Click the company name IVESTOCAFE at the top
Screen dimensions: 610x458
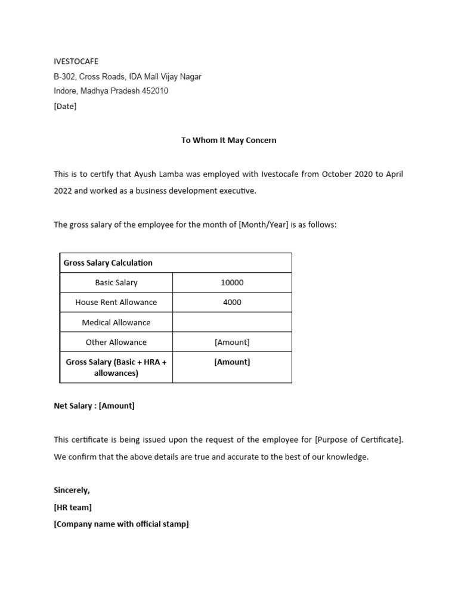(x=76, y=61)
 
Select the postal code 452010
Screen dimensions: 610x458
(x=154, y=91)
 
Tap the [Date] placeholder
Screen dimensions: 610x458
(x=65, y=107)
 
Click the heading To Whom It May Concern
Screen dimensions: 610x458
(x=228, y=141)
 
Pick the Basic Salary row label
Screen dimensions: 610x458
(x=116, y=283)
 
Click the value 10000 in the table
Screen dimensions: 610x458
(x=232, y=283)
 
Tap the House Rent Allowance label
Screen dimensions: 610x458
(x=116, y=303)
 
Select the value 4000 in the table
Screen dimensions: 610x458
(x=232, y=303)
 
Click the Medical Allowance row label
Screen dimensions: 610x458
(x=116, y=323)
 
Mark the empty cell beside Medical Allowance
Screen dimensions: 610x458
(x=232, y=323)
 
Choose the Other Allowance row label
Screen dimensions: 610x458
(x=116, y=343)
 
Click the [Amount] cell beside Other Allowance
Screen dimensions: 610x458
(x=232, y=343)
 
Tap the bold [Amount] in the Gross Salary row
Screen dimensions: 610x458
(x=232, y=362)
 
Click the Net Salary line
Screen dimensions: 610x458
(x=94, y=406)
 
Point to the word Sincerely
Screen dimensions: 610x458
(x=72, y=490)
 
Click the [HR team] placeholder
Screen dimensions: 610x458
(x=73, y=508)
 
